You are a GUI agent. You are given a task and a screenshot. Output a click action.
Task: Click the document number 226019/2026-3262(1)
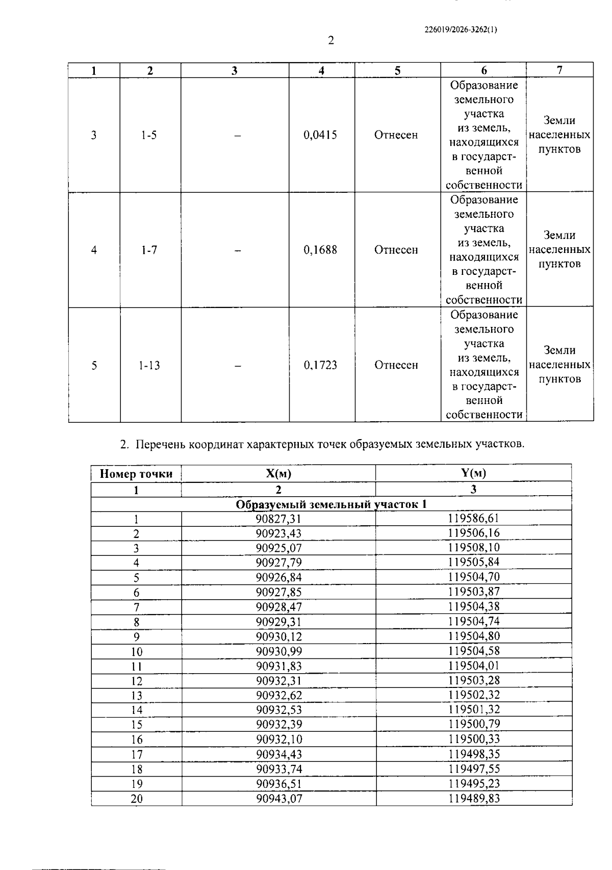tap(461, 30)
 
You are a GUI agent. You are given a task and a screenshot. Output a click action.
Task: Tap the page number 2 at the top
tap(331, 41)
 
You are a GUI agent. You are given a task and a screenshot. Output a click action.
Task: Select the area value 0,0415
tap(320, 135)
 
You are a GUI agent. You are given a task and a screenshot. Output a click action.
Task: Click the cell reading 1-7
tap(149, 250)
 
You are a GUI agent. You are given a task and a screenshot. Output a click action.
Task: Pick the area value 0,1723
tap(320, 365)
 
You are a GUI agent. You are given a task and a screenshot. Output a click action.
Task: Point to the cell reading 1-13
tap(149, 365)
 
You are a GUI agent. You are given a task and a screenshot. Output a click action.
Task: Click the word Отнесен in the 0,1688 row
tap(396, 250)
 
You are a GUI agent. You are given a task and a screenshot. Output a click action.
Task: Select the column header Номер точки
tap(136, 474)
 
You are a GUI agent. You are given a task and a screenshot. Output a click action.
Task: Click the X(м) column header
tap(278, 473)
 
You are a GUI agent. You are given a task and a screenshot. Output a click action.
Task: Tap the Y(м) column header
tap(473, 473)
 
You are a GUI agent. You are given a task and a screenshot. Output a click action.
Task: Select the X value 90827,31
tap(278, 519)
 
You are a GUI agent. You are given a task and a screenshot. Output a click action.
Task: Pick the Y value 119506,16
tap(474, 533)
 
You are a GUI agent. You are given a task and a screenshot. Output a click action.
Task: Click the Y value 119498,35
tap(474, 754)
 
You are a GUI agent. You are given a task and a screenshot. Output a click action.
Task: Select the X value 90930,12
tap(278, 636)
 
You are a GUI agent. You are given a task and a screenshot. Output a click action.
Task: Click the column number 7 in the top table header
tap(559, 70)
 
